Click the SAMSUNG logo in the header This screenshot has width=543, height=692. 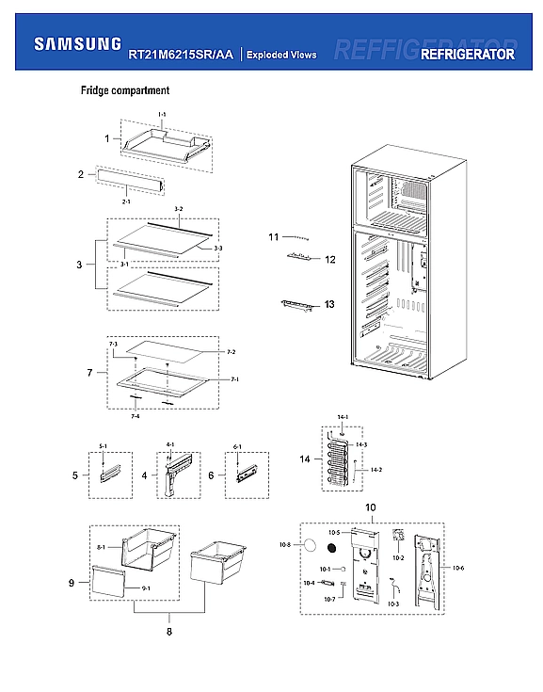pos(77,43)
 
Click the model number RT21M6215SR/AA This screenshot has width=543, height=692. pos(181,55)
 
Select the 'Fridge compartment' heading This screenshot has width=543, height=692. pos(124,91)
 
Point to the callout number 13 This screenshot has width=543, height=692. pos(328,304)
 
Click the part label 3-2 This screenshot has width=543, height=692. pos(178,207)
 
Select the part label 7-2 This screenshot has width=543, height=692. pos(231,351)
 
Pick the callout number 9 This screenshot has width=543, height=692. pos(72,584)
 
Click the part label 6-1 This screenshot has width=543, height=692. pos(238,446)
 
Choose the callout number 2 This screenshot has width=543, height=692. pos(81,174)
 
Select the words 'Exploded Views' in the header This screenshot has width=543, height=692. pos(281,55)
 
